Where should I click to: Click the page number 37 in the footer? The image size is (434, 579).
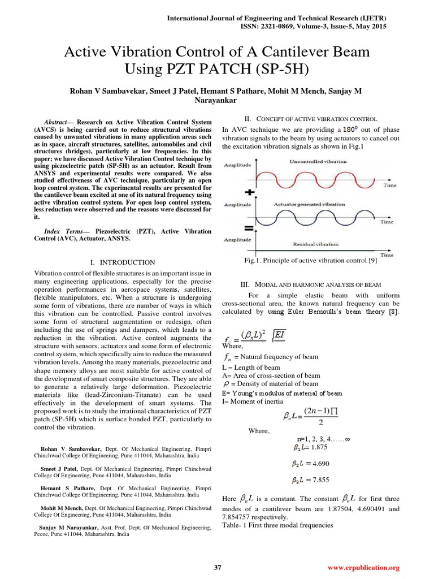(x=217, y=567)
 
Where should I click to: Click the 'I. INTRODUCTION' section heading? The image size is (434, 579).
(x=123, y=262)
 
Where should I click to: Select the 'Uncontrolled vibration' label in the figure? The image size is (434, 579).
(x=318, y=162)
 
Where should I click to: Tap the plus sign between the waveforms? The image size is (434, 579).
(x=248, y=193)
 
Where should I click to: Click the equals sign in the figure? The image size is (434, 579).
(x=248, y=228)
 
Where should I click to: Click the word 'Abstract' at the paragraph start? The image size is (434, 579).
(x=55, y=122)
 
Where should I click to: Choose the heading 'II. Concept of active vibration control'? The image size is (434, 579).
(x=310, y=119)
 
